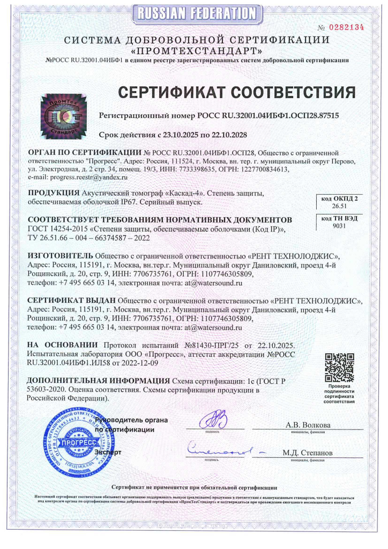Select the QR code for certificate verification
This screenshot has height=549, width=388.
[x=340, y=367]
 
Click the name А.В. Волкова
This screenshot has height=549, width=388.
[x=308, y=425]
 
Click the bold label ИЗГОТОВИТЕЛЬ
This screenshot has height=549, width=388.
[x=58, y=256]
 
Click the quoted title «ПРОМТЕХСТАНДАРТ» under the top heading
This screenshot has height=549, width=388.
[x=197, y=51]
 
